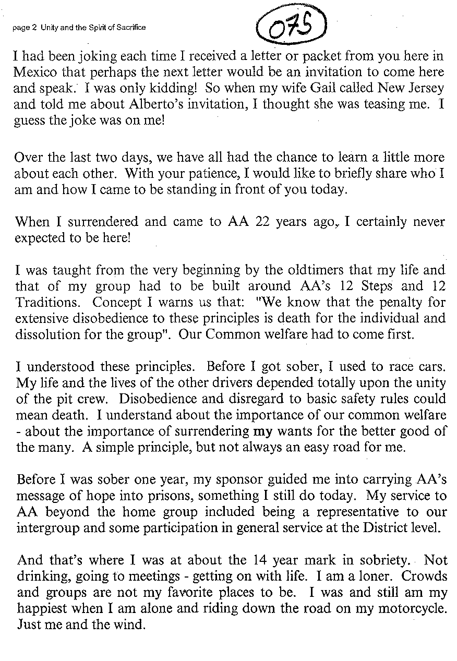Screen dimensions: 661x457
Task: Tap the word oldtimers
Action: tap(296, 271)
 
